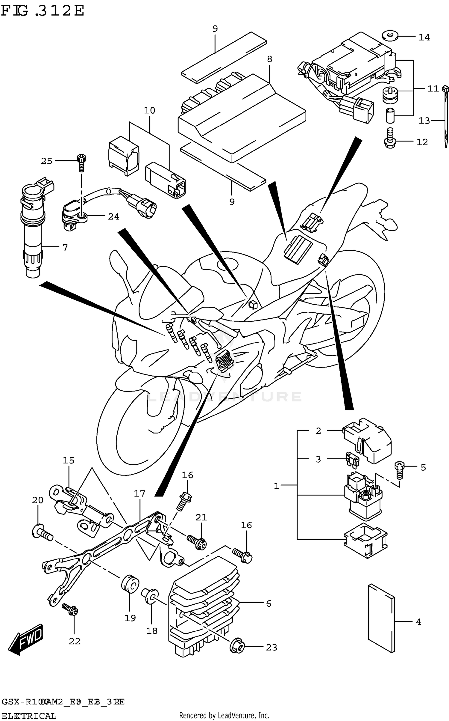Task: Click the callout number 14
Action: coord(424,37)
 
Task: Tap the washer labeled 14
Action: coord(390,36)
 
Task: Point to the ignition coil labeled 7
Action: coord(33,231)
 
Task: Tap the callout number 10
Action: coord(149,110)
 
